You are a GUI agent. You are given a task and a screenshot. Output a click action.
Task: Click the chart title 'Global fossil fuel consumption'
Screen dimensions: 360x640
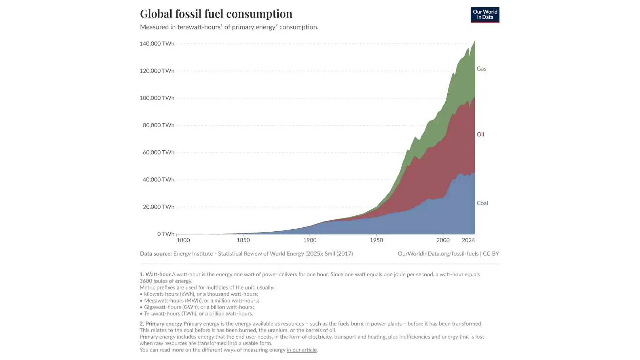coord(216,14)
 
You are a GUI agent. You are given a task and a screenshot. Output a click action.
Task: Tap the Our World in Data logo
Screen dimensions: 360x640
coord(485,15)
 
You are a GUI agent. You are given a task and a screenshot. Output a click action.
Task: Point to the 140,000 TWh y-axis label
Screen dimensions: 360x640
coord(157,44)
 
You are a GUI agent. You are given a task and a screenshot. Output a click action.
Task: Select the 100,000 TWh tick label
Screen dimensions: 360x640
coord(157,98)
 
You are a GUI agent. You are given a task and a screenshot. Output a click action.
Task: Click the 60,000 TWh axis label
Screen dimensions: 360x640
coord(158,152)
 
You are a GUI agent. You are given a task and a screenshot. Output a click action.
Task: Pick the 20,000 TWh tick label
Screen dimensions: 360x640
coord(158,207)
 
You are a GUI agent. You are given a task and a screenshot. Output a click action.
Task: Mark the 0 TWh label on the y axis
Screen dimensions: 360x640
coord(166,234)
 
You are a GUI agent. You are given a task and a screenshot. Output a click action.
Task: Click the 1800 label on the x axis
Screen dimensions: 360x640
coord(183,240)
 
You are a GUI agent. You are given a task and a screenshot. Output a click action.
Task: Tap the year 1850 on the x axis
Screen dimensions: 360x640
coord(243,240)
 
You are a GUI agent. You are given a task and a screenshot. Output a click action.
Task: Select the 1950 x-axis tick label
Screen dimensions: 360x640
coord(376,240)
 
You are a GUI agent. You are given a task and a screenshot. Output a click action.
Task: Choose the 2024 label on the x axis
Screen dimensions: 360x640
coord(468,240)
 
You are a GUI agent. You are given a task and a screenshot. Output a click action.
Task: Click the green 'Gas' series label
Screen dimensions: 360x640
coord(481,69)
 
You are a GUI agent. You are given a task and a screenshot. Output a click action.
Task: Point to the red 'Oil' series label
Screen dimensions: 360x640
coord(480,134)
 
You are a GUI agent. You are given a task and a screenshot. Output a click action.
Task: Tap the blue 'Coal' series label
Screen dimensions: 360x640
coord(482,203)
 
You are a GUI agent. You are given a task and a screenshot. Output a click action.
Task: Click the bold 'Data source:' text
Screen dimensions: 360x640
coord(156,254)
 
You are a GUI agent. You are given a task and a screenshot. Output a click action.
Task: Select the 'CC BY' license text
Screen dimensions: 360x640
coord(491,254)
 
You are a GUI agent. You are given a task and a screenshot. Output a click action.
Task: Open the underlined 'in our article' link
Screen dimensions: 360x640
coord(301,350)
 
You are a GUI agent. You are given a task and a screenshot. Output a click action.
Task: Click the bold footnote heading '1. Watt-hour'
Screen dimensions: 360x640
coord(155,274)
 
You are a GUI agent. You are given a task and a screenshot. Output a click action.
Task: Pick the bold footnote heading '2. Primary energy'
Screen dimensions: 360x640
coord(161,324)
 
